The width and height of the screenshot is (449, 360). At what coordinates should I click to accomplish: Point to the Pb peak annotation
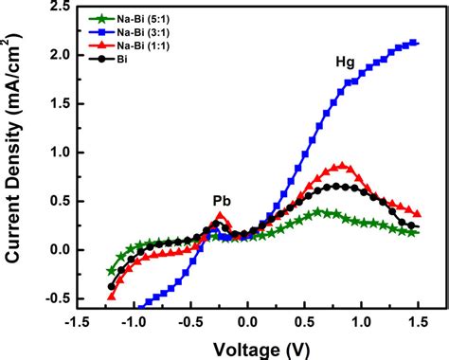coord(221,201)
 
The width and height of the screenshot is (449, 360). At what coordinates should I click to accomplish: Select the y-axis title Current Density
coord(16,156)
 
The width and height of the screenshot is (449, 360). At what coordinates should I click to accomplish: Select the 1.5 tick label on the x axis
coord(418,322)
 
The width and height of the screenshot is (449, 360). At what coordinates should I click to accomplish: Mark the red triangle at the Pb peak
coord(221,216)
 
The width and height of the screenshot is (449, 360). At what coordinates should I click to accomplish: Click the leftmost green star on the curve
coord(111,271)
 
